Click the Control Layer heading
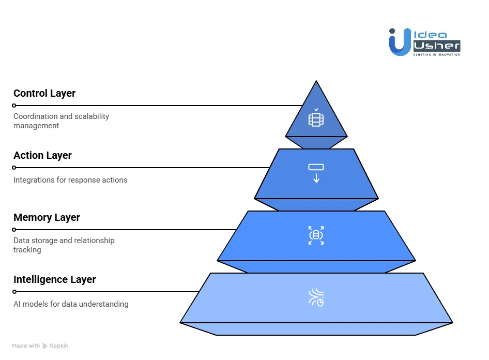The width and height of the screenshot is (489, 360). (44, 94)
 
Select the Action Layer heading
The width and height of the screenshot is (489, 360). (42, 156)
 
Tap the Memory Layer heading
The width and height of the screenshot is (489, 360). (47, 218)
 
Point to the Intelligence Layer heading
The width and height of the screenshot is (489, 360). (55, 280)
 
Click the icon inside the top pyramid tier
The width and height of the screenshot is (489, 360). (316, 118)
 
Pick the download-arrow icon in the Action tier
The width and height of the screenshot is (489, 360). (316, 173)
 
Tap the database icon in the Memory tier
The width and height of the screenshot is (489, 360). (316, 235)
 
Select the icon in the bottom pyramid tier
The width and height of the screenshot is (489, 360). (316, 297)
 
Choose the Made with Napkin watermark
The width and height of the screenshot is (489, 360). (40, 346)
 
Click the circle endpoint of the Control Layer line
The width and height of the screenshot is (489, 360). (14, 106)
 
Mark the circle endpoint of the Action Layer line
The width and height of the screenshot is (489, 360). (14, 168)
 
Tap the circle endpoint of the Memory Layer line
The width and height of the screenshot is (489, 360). (14, 230)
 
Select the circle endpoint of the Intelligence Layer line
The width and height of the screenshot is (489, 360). (14, 292)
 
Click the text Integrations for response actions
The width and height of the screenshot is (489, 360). (70, 180)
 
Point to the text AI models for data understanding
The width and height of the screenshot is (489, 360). (71, 304)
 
